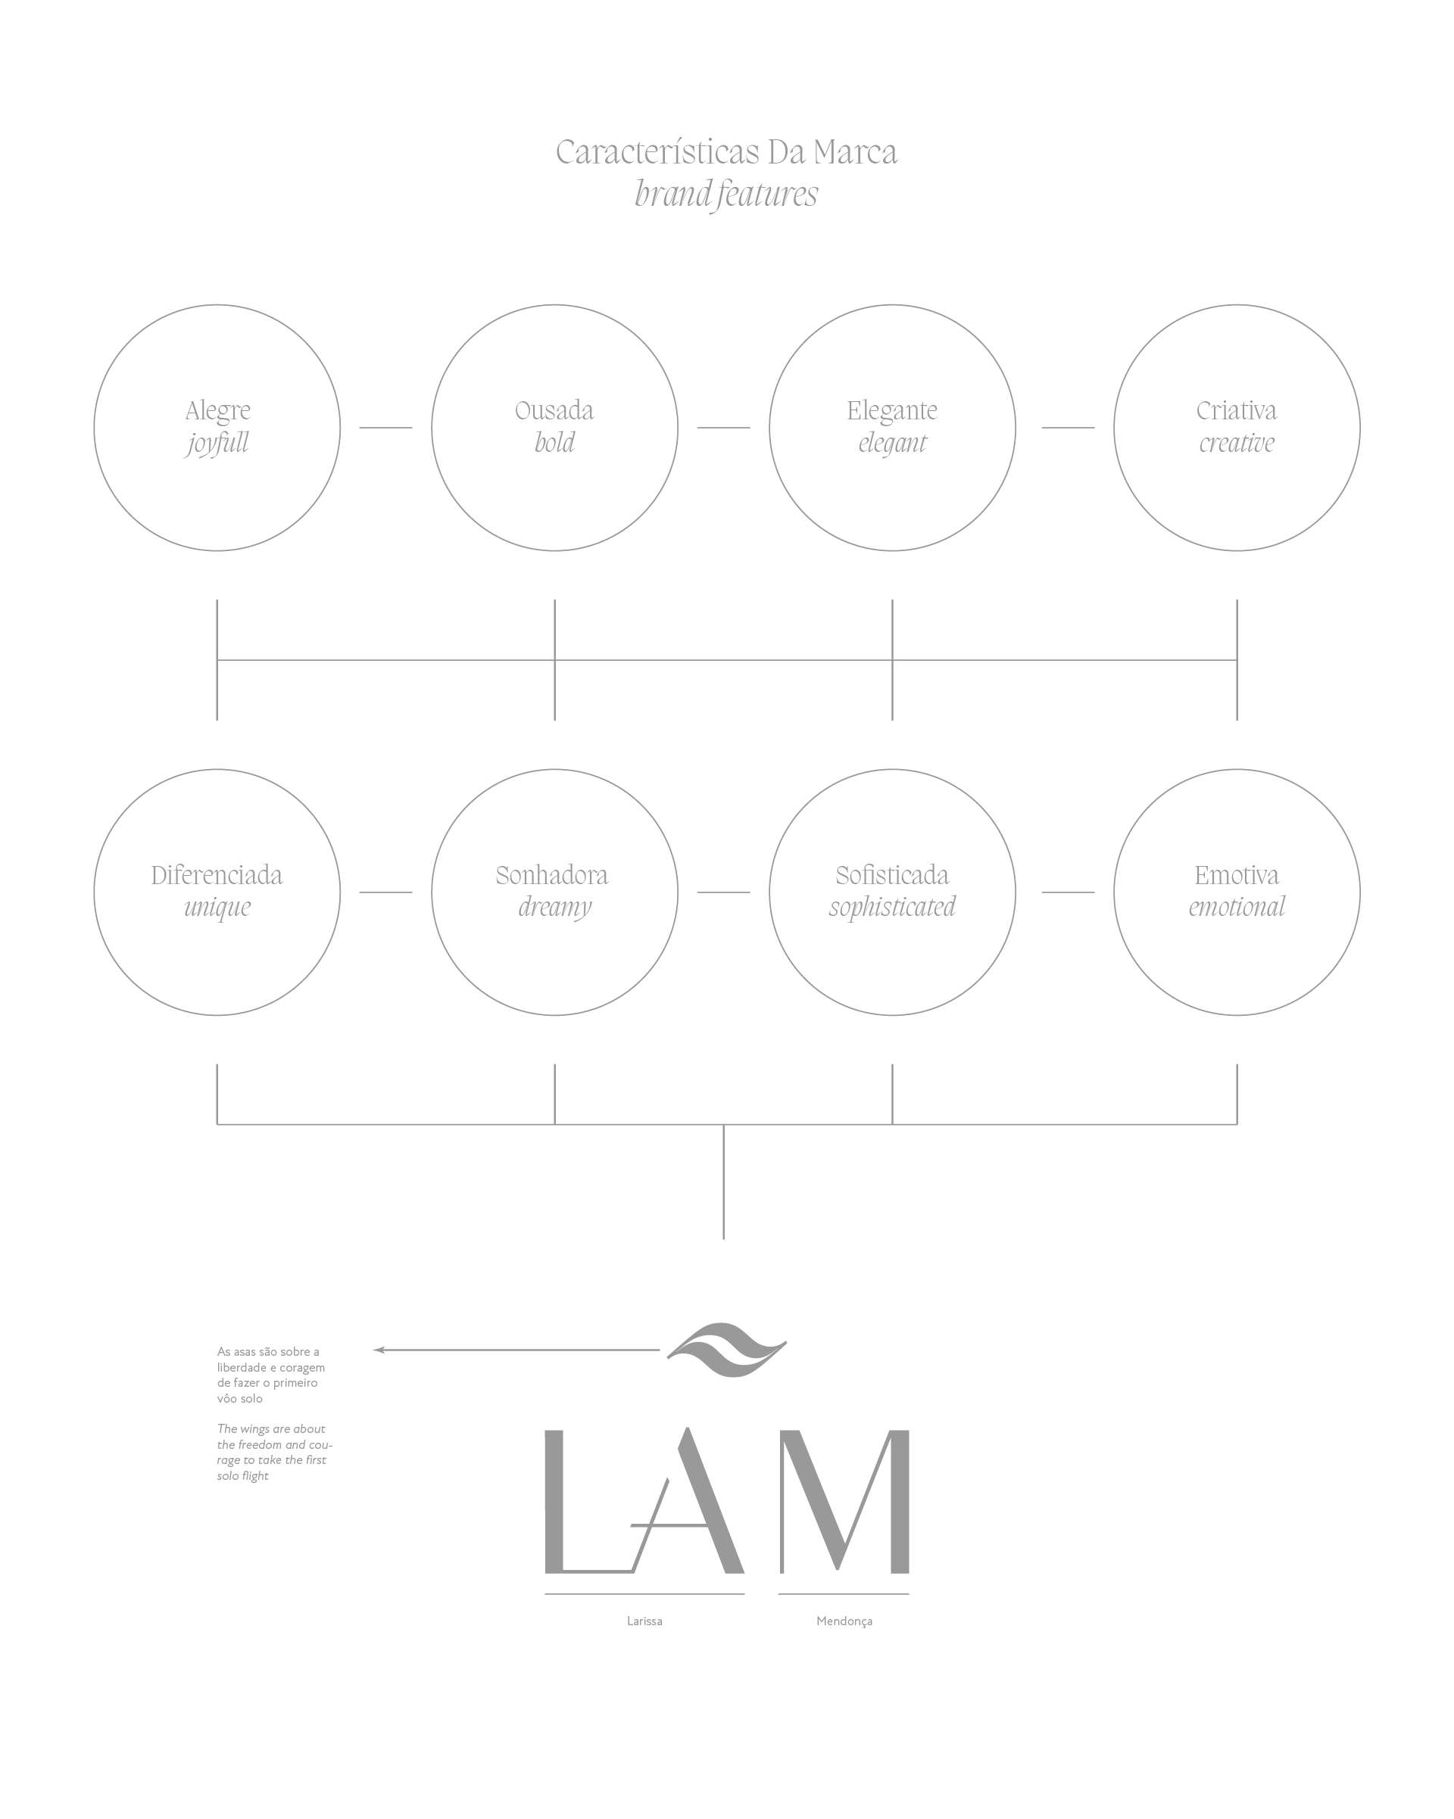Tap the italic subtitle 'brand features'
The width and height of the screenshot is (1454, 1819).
725,194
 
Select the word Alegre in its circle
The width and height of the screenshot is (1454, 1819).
217,411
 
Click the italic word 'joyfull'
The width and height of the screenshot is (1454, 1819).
217,444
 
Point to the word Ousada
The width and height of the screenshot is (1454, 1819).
554,411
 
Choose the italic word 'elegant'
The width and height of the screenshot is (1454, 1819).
892,444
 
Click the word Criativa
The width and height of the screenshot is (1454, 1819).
1237,411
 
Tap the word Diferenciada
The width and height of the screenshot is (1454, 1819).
217,876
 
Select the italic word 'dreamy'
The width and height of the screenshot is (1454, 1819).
554,908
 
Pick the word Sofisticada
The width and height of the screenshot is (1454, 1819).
892,876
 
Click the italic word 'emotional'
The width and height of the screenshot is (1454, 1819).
1237,908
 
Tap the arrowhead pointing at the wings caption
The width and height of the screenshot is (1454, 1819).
379,1350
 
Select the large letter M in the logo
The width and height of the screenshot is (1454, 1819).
844,1502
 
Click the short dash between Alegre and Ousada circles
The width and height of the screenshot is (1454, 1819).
385,428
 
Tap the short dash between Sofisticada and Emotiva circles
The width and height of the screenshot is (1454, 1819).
1068,892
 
